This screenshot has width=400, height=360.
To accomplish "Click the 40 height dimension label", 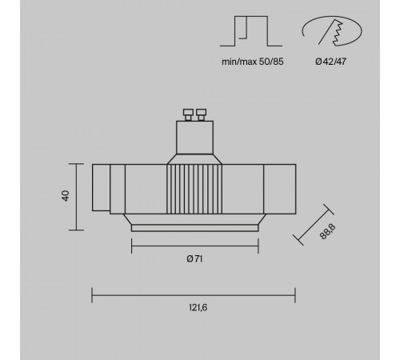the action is (x=66, y=196).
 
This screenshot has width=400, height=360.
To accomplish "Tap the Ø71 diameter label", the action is (x=194, y=258).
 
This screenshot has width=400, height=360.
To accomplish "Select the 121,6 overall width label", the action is (x=198, y=307).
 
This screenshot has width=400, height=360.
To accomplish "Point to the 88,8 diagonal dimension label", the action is (x=327, y=232).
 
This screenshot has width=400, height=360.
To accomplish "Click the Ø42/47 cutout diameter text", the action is (x=330, y=62).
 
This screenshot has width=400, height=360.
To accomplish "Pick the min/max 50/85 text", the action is (x=253, y=62).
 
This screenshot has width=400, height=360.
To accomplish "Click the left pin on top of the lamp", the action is (x=188, y=114).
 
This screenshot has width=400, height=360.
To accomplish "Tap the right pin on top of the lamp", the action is (x=201, y=114).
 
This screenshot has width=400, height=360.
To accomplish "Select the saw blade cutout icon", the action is (x=332, y=31).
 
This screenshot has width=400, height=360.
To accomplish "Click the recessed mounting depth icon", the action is (x=251, y=31).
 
